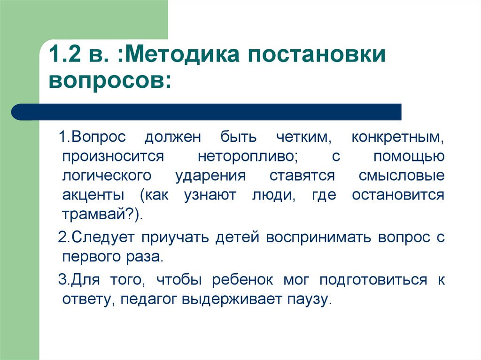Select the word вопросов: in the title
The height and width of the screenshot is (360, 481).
pyautogui.click(x=110, y=81)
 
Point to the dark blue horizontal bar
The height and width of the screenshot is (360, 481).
pyautogui.click(x=206, y=112)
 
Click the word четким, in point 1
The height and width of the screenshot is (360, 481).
pyautogui.click(x=304, y=137)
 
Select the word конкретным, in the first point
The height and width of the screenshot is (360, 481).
pyautogui.click(x=397, y=138)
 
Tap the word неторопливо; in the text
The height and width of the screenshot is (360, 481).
pyautogui.click(x=248, y=157)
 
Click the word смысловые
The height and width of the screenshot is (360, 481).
pyautogui.click(x=402, y=176)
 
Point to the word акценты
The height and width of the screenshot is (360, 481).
pyautogui.click(x=93, y=195)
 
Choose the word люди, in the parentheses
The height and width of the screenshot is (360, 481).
pyautogui.click(x=274, y=195)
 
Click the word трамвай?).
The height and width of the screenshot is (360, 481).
pyautogui.click(x=102, y=214)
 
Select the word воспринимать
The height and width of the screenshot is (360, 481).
pyautogui.click(x=318, y=238)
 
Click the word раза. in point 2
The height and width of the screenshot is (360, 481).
pyautogui.click(x=144, y=257)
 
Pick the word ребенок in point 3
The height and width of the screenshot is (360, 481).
pyautogui.click(x=242, y=280)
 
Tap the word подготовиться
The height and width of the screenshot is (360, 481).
pyautogui.click(x=373, y=280)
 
